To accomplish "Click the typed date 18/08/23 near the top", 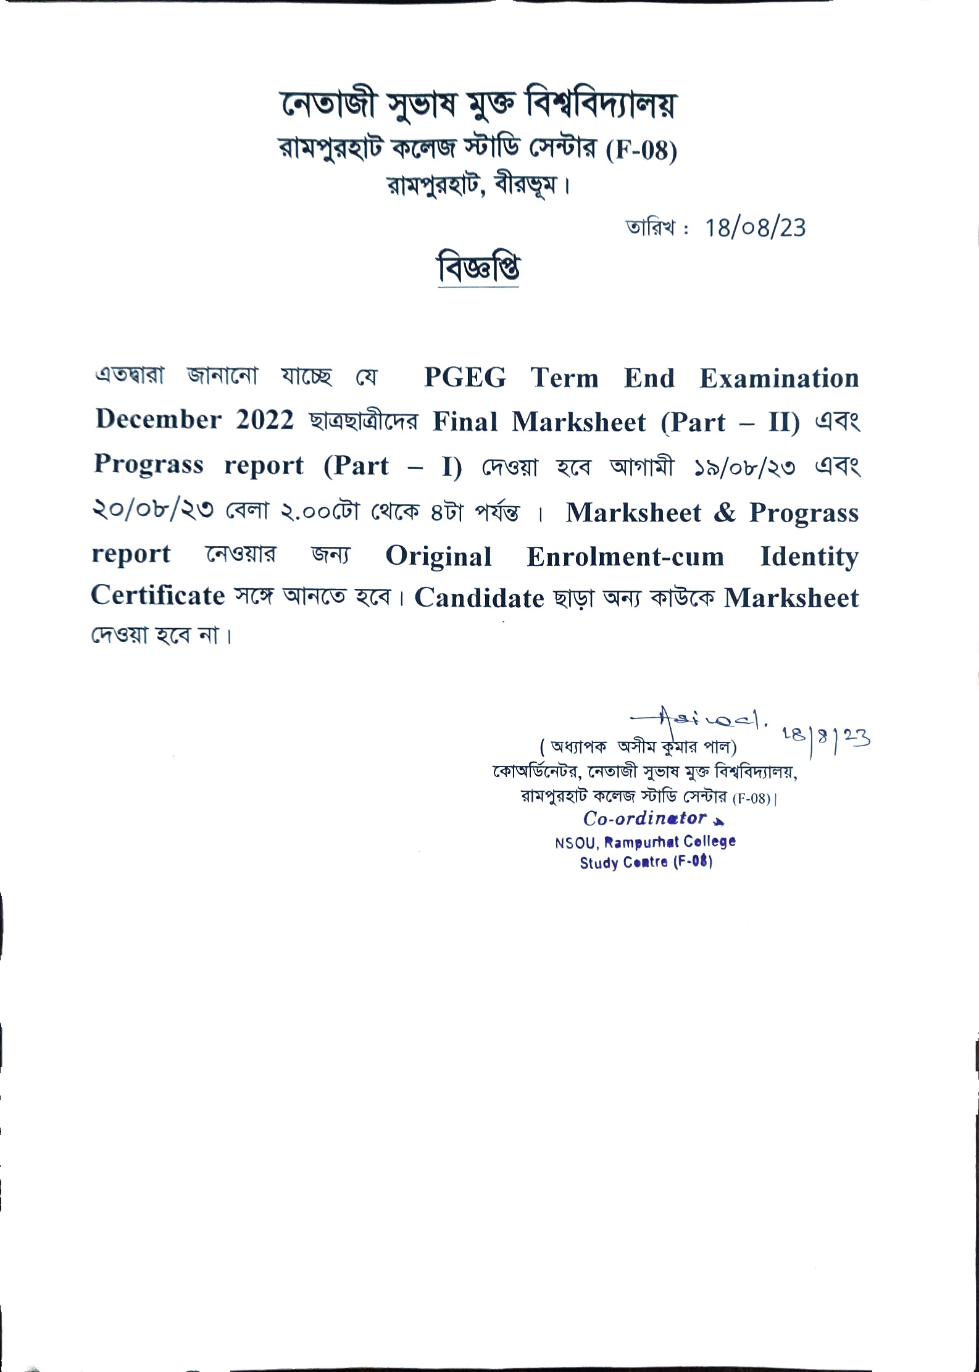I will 755,228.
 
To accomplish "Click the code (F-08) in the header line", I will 641,151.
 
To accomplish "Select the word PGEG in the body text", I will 465,378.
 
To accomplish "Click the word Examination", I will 779,378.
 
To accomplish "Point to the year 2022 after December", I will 265,420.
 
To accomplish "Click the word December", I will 159,420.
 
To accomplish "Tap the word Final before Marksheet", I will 465,422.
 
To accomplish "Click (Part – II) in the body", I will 730,423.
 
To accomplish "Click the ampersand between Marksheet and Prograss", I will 725,513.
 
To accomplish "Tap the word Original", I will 439,557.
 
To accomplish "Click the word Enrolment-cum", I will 625,557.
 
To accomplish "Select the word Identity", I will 809,557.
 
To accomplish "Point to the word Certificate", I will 158,596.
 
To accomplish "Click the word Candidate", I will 479,597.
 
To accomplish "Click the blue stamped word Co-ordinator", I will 644,818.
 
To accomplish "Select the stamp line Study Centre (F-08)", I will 646,862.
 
